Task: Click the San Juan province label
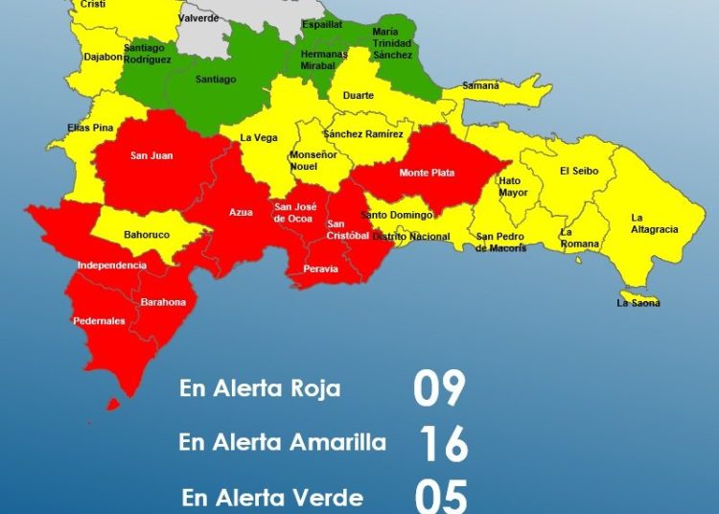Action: (x=152, y=155)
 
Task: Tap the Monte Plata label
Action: (x=427, y=173)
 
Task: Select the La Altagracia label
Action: (x=654, y=223)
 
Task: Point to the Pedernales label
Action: (x=99, y=321)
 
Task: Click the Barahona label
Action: (x=163, y=302)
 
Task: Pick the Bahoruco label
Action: (x=147, y=234)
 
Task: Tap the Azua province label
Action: (x=241, y=213)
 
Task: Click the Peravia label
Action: (x=320, y=269)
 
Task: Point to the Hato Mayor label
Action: (x=513, y=186)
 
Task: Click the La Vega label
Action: (x=259, y=137)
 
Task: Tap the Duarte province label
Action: (x=359, y=96)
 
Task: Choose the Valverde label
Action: (x=198, y=18)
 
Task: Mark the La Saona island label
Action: (x=638, y=303)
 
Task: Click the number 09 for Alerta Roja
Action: (x=439, y=388)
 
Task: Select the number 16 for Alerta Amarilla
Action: (x=443, y=444)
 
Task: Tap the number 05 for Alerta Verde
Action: (x=441, y=497)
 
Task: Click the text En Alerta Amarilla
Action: (x=282, y=442)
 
